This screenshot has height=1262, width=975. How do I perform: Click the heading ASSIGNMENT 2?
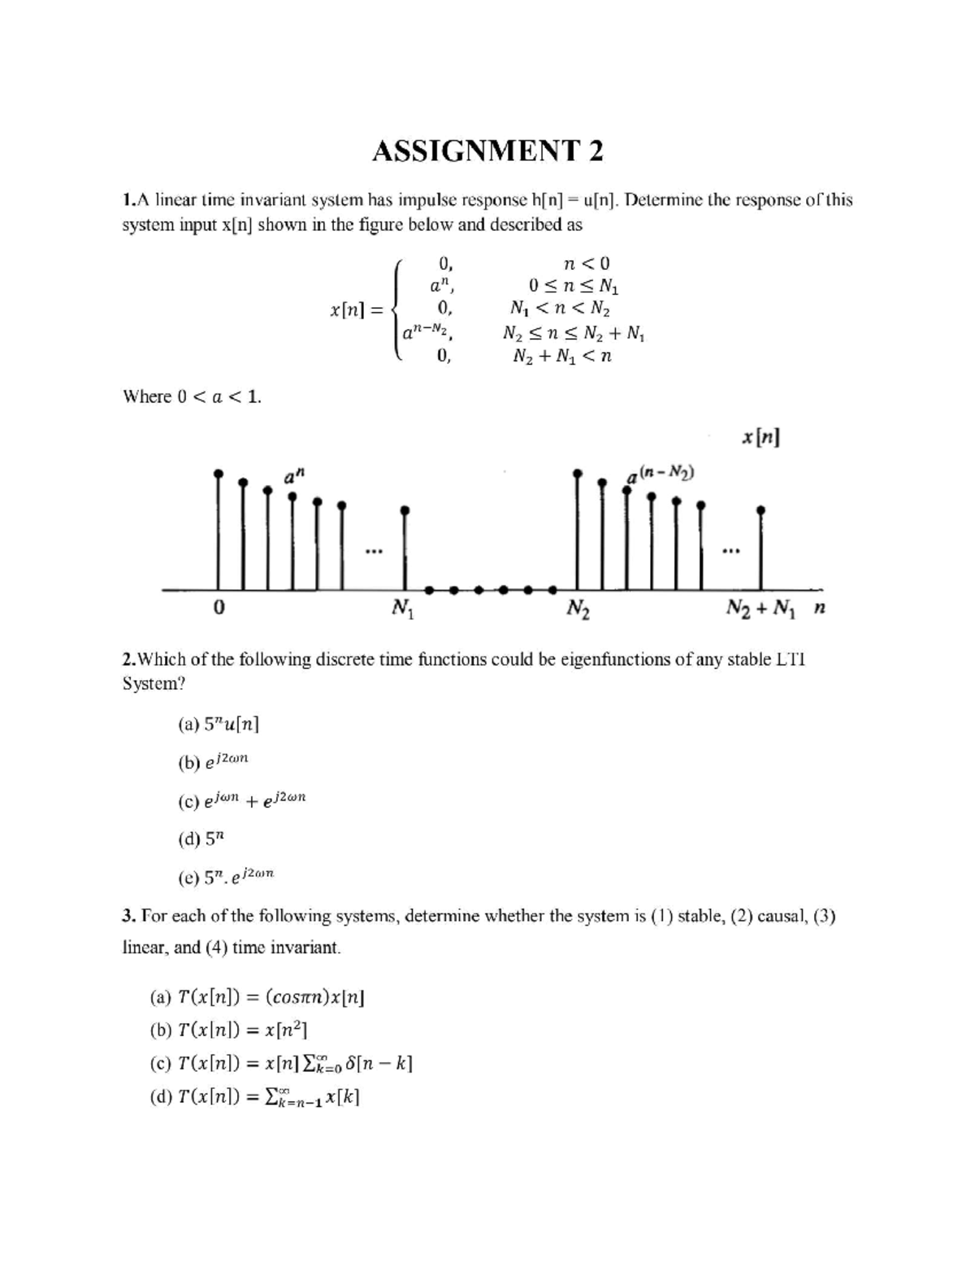click(487, 151)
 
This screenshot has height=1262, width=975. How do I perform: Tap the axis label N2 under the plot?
click(578, 608)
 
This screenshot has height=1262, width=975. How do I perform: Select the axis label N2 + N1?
click(759, 608)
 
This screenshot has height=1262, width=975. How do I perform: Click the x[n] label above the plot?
click(760, 438)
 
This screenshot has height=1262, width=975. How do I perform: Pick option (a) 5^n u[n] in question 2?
click(218, 724)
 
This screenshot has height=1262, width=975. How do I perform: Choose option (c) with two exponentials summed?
click(241, 801)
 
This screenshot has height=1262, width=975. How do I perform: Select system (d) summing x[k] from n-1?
click(254, 1097)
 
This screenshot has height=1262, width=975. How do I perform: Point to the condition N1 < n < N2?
click(560, 309)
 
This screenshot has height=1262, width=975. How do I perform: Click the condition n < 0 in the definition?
click(586, 263)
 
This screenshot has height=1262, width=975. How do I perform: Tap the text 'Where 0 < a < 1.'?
click(192, 397)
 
